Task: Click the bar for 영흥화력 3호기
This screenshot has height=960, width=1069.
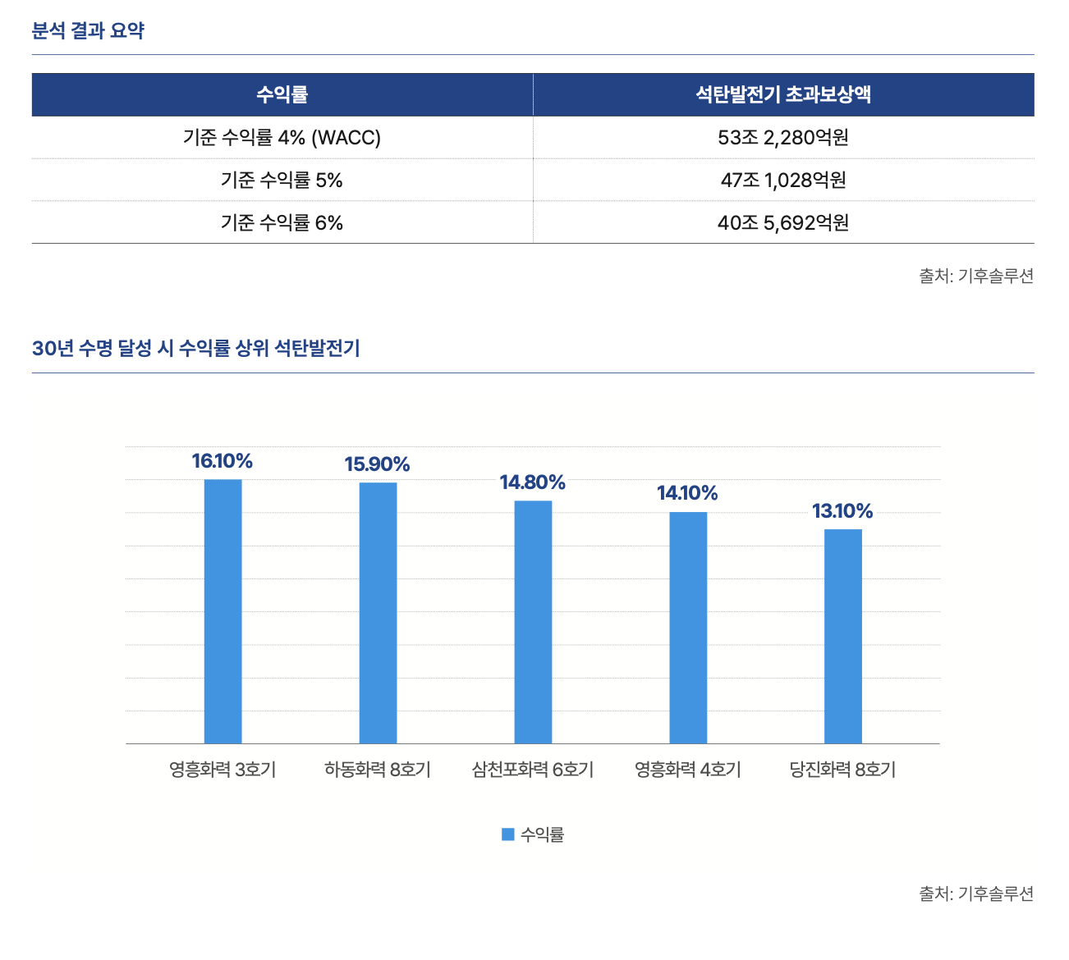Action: coord(223,611)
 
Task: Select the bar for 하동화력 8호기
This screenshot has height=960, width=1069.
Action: coord(378,613)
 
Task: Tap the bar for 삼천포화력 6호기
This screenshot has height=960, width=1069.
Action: coord(533,622)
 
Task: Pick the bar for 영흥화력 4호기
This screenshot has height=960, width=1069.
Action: coord(688,628)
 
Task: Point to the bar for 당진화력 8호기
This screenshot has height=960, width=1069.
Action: coord(843,636)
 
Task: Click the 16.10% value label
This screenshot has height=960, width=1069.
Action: coord(223,461)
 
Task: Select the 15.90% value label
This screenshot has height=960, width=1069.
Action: coord(377,464)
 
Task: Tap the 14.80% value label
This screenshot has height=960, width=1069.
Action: coord(533,482)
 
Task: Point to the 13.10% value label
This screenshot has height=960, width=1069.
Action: coord(842,511)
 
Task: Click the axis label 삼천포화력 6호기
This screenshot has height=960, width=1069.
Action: coord(533,770)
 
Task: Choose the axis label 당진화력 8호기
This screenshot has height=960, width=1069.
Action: coord(842,770)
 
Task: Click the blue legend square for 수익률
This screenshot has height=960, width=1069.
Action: coord(507,834)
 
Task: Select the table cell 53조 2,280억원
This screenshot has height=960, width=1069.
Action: coord(782,138)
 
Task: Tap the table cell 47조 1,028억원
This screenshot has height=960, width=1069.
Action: coord(782,181)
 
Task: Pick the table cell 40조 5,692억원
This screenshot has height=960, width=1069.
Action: coord(782,223)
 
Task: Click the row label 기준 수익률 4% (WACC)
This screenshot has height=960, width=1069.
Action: coord(282,138)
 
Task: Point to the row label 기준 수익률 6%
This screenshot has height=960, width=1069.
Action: coord(282,223)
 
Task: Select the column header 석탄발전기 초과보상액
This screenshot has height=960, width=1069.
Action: coord(782,94)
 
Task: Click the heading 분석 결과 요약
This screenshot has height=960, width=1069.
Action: coord(88,31)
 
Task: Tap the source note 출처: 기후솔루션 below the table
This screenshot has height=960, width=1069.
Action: coord(975,276)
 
